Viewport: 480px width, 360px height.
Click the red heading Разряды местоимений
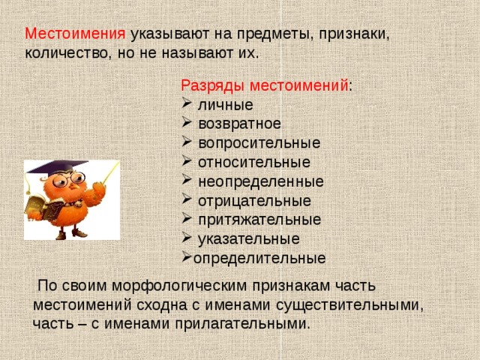coord(265,85)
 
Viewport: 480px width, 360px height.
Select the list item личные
coord(225,105)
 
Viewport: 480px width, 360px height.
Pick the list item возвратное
coord(239,124)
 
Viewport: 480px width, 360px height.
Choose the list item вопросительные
coord(259,142)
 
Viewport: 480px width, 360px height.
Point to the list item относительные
coord(253,162)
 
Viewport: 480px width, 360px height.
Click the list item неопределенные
coord(260,181)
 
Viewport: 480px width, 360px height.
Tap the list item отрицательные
coord(254,201)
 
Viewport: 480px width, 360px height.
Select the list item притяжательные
coord(259,220)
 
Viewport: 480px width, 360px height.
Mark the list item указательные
coord(248,239)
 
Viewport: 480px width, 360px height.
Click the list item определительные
coord(259,259)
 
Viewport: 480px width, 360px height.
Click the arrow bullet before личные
coord(187,105)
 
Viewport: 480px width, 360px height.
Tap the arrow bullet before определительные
coord(187,259)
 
